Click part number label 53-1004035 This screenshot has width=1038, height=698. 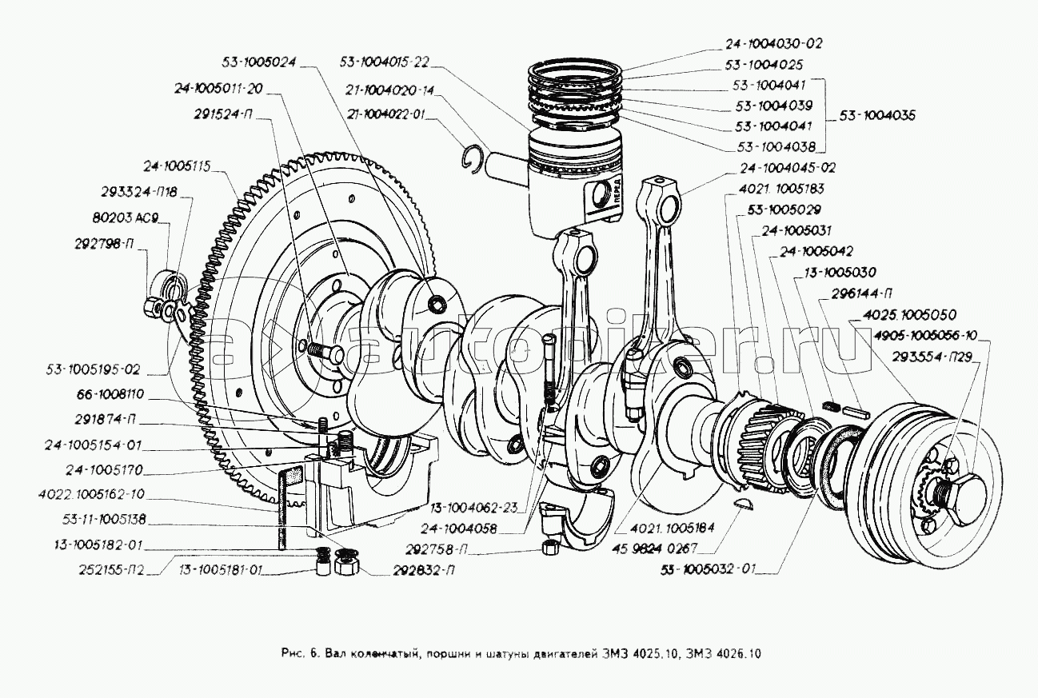click(x=877, y=116)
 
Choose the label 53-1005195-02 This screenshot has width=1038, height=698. click(x=93, y=369)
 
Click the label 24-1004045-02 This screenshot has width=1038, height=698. click(x=788, y=169)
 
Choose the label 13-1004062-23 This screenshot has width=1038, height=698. click(x=474, y=506)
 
